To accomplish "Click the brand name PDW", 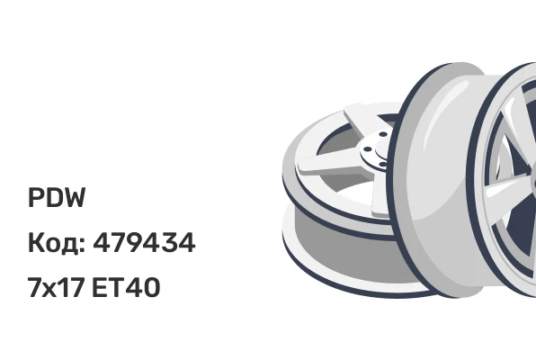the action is click(x=57, y=198).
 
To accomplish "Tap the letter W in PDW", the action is click(x=74, y=198).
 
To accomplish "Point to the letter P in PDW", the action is click(x=36, y=198).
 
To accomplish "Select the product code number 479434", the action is click(x=144, y=242).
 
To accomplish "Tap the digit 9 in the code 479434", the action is click(x=136, y=242).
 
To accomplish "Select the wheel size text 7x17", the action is click(x=56, y=287).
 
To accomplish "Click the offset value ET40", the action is click(x=126, y=287).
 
